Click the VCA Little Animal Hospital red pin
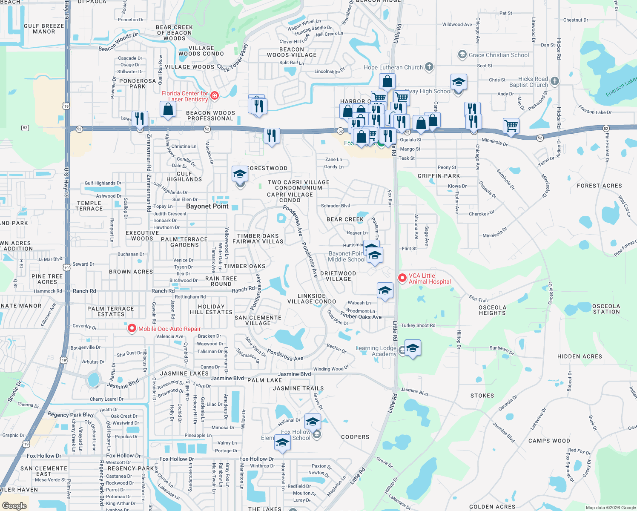tap(402, 278)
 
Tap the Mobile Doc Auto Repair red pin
tap(132, 328)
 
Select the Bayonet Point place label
tap(207, 206)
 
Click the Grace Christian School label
tap(499, 55)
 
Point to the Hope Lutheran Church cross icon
tap(429, 66)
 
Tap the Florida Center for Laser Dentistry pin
tap(215, 95)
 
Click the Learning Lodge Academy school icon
tap(413, 348)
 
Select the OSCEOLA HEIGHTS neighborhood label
tap(492, 310)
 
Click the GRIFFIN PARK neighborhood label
tap(439, 176)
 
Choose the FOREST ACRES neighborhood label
tap(599, 186)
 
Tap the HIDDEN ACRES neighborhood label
tap(580, 356)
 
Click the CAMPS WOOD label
tap(549, 441)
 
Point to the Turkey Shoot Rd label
tap(418, 325)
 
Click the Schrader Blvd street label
tap(336, 206)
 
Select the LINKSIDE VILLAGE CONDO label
tap(312, 299)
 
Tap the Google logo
tap(14, 506)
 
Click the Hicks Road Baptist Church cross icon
tap(554, 80)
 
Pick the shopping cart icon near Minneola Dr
tap(511, 126)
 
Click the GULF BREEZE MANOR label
tap(44, 29)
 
